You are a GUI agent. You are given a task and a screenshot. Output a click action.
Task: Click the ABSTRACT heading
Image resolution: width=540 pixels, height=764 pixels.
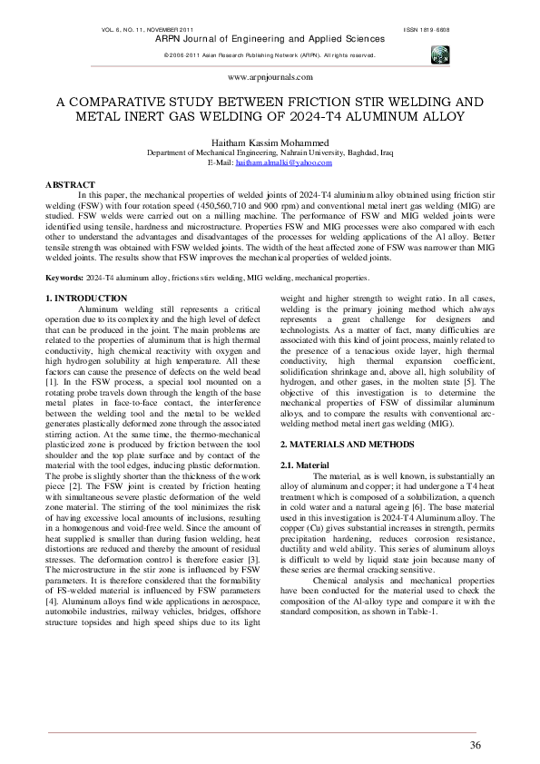(69, 184)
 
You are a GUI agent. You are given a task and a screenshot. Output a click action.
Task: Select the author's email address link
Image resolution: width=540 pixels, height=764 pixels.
(283, 162)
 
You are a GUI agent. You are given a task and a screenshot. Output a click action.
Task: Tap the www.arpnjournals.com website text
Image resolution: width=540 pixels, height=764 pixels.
(270, 78)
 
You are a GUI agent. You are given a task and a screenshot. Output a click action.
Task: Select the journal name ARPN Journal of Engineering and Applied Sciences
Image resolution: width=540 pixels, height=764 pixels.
(270, 39)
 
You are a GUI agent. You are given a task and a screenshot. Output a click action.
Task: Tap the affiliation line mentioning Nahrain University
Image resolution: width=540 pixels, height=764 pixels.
(270, 153)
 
